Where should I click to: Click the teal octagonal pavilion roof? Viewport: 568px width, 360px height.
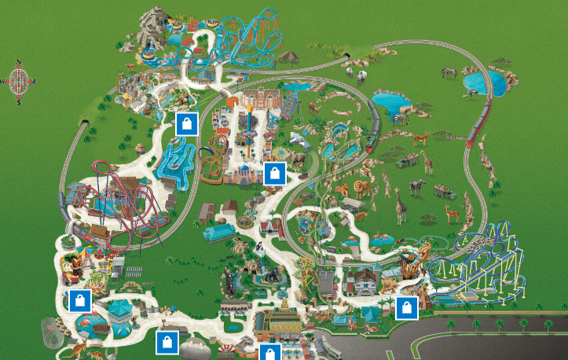point(119,310)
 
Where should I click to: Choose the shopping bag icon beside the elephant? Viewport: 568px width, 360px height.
point(273,173)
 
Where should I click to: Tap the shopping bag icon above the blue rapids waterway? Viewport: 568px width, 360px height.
point(186,123)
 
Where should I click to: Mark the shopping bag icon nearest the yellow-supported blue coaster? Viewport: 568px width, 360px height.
point(406,307)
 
